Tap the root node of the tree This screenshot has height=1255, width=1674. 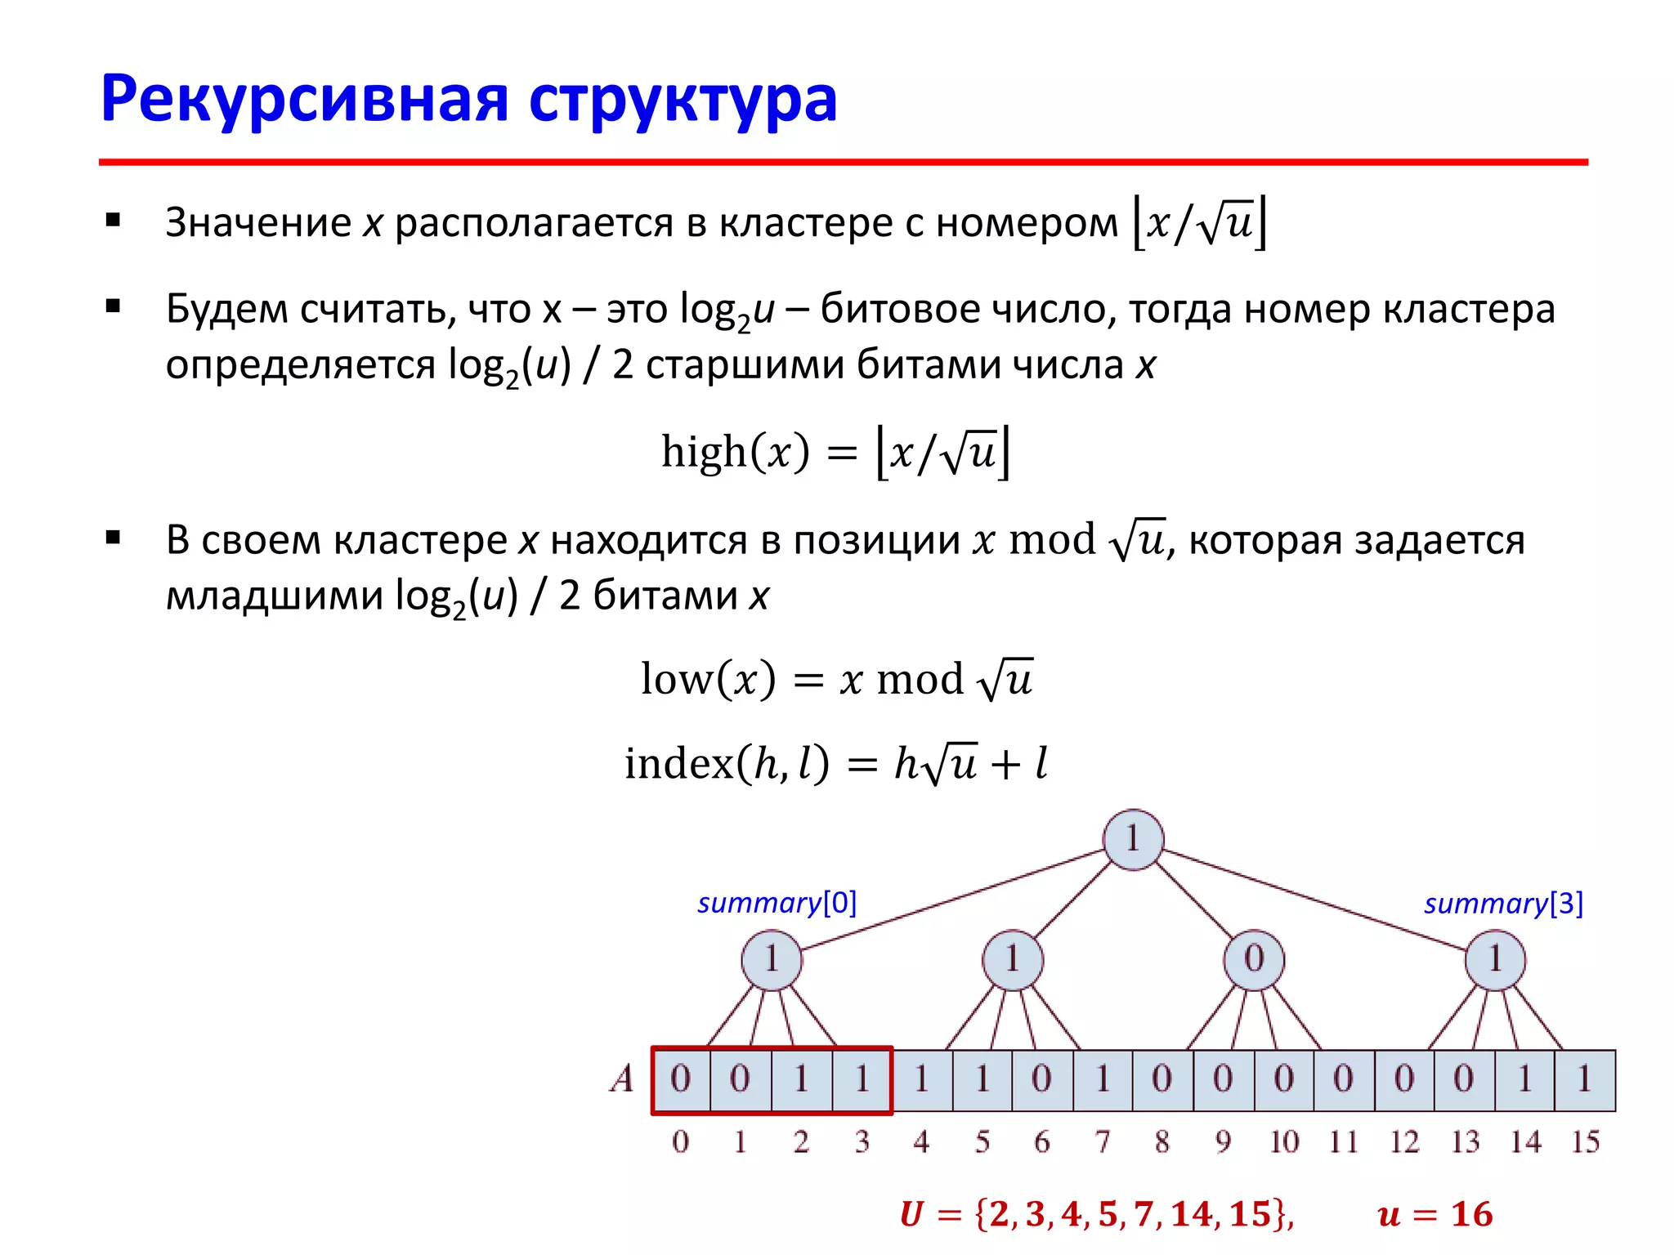click(1132, 839)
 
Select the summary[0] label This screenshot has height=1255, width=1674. click(777, 903)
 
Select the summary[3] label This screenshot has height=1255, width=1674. click(1503, 904)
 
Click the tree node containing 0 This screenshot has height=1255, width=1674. click(1254, 959)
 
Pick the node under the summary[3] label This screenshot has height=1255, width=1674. click(1494, 959)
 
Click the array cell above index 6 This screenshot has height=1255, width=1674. click(1042, 1079)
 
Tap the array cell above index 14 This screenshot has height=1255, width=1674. click(1524, 1079)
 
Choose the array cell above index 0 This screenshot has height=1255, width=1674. click(681, 1079)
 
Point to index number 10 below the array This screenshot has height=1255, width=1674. click(1283, 1142)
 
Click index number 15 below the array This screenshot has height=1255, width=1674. click(1585, 1142)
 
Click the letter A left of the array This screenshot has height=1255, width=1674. click(622, 1079)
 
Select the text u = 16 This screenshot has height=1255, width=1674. click(1435, 1215)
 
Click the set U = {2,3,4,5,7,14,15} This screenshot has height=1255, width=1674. click(1096, 1215)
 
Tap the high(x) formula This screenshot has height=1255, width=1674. click(835, 452)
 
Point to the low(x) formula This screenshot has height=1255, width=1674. click(836, 679)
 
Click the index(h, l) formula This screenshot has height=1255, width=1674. click(835, 764)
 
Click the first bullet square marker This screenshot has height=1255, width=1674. click(114, 221)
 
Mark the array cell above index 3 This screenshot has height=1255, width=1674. click(862, 1079)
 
